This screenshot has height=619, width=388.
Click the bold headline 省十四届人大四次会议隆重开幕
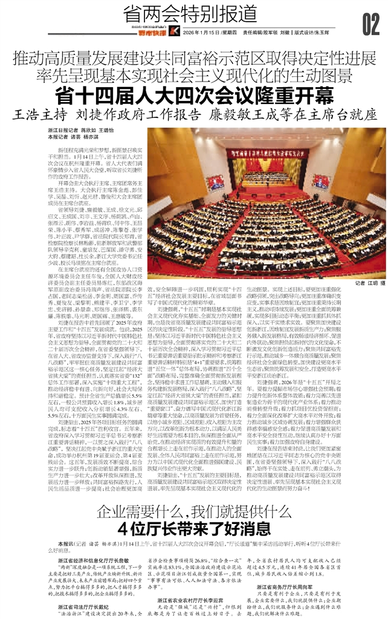[x=194, y=96]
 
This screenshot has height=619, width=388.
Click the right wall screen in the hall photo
[x=321, y=181]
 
